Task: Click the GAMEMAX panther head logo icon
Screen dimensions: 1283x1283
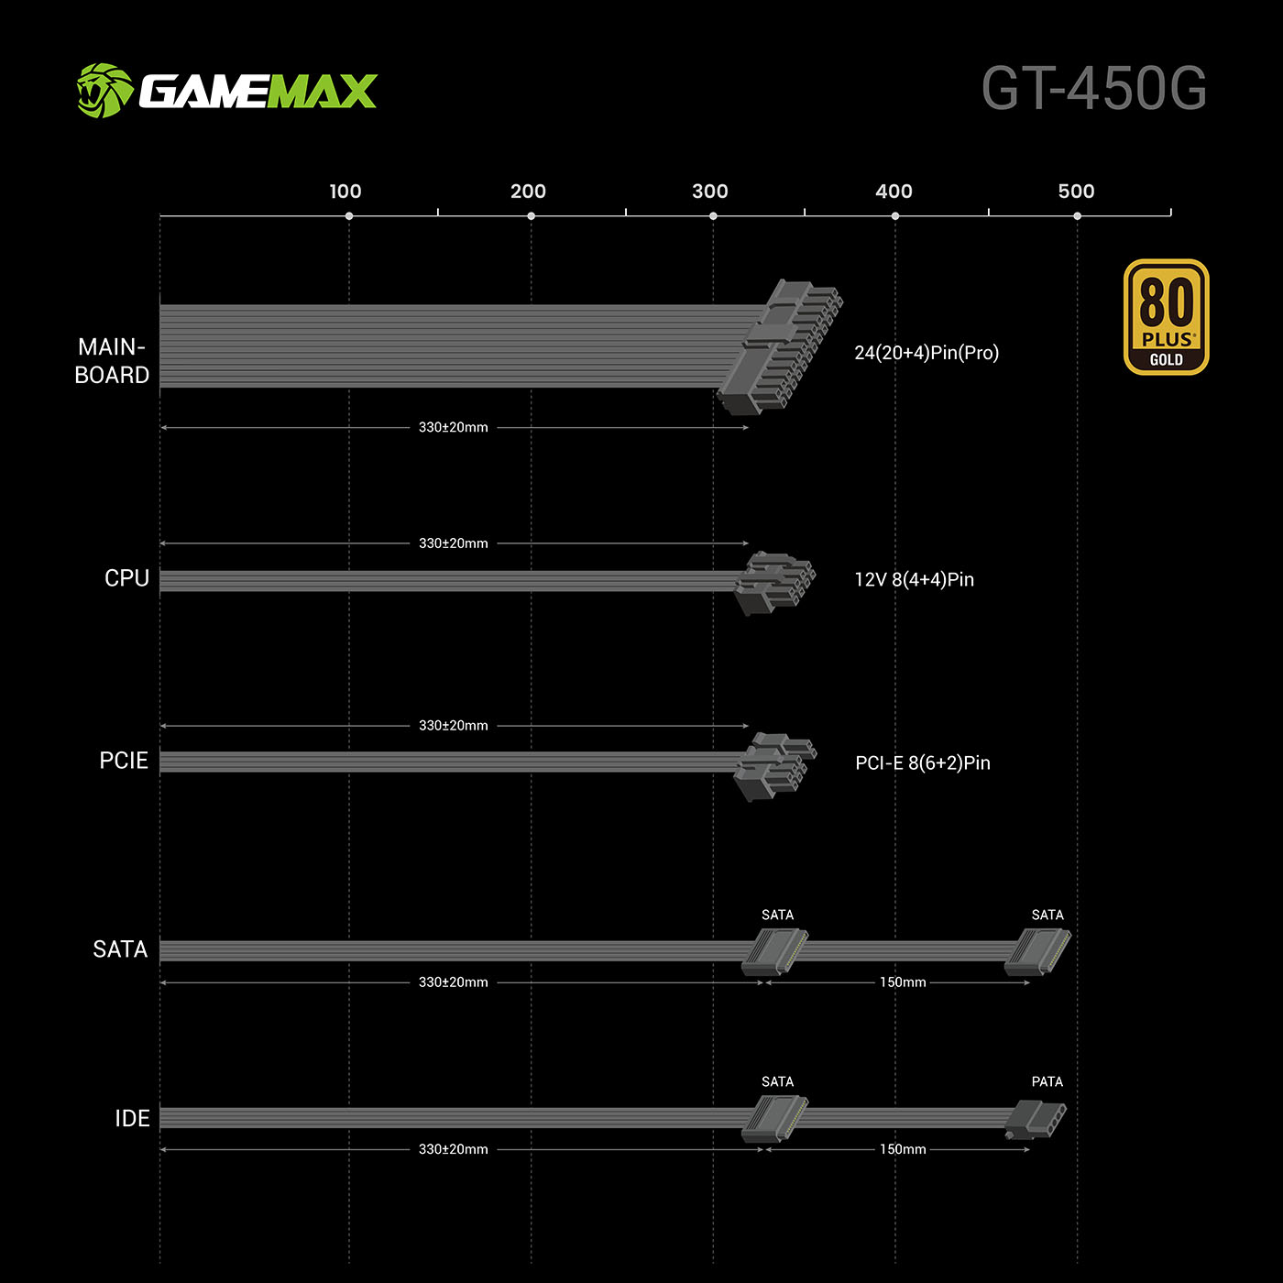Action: tap(104, 91)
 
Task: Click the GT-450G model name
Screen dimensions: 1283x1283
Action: tap(1094, 89)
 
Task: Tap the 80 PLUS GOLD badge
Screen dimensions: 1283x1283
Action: tap(1166, 317)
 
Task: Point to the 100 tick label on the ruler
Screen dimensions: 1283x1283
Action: tap(345, 192)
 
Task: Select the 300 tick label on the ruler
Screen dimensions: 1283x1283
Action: tap(710, 192)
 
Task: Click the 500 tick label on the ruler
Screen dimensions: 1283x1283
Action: tap(1076, 192)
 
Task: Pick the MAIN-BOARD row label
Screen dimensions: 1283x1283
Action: tap(112, 361)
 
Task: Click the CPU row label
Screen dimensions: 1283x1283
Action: tap(126, 578)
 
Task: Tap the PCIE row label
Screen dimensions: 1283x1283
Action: tap(124, 761)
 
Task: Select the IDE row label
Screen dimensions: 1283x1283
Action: tap(132, 1118)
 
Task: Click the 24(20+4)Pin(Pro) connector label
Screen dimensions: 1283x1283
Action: tap(927, 353)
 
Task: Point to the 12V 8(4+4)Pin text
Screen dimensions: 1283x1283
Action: tap(914, 579)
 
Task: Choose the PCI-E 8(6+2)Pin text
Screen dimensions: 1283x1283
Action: tap(922, 762)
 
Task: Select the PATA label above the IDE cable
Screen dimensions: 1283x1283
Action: tap(1047, 1081)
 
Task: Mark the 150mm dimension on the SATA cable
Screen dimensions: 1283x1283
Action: tap(903, 982)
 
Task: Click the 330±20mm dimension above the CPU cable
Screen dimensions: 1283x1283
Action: tap(453, 543)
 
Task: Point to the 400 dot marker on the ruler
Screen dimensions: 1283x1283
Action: tap(895, 216)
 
